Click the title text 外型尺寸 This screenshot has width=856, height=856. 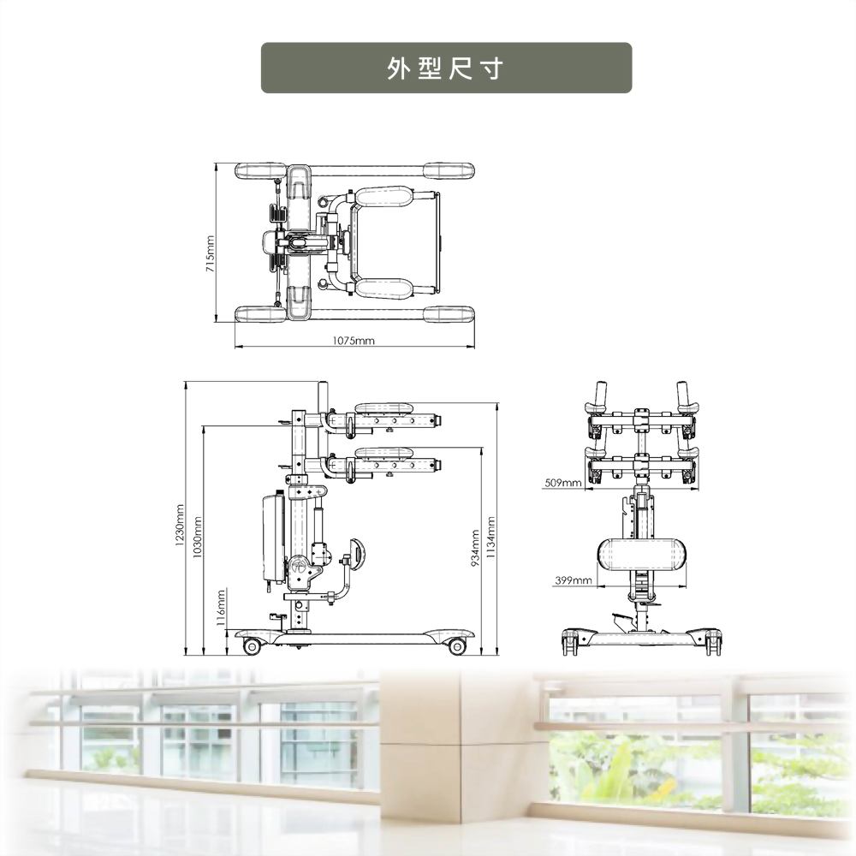pyautogui.click(x=445, y=68)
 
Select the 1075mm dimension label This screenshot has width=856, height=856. pyautogui.click(x=354, y=341)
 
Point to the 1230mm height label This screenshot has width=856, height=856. pyautogui.click(x=180, y=527)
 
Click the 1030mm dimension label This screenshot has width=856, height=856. pyautogui.click(x=198, y=537)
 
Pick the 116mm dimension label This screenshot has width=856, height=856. pyautogui.click(x=220, y=608)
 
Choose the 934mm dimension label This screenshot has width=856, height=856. pyautogui.click(x=475, y=548)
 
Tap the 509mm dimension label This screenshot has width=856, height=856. pyautogui.click(x=563, y=483)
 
